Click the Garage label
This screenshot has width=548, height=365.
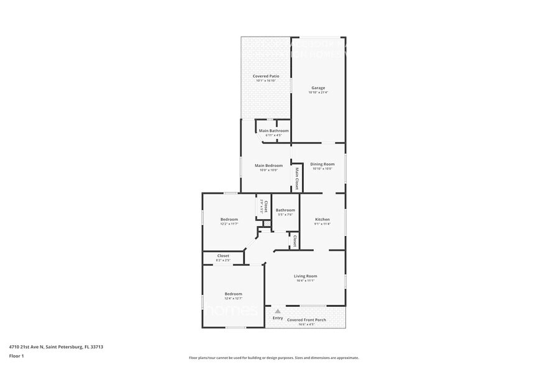318,88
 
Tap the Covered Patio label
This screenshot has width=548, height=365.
265,76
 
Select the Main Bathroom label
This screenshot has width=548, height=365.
273,130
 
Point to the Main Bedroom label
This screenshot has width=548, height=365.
268,165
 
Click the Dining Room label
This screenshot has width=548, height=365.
322,165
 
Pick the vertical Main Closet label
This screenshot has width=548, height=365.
297,178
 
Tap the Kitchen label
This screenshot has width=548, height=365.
322,219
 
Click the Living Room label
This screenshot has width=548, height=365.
305,276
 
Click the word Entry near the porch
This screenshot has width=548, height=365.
278,318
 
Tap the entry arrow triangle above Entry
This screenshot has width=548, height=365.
278,311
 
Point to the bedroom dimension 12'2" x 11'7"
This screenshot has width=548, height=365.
229,223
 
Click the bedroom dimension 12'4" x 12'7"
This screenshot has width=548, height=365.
234,298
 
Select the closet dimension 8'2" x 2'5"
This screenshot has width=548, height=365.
223,260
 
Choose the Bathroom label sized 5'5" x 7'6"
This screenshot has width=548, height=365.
285,210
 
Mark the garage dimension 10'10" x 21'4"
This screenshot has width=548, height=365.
318,92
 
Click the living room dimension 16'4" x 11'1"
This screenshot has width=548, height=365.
305,280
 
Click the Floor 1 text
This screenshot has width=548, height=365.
17,356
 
